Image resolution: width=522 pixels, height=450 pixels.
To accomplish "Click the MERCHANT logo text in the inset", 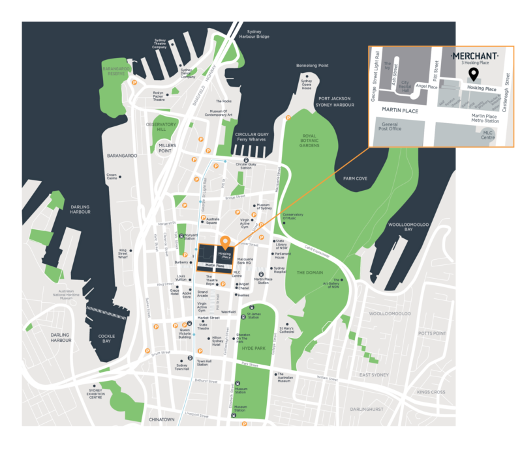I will point(475,56).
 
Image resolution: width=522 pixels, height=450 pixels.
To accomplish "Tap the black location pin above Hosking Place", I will point(474,74).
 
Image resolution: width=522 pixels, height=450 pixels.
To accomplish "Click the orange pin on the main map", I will point(225,240).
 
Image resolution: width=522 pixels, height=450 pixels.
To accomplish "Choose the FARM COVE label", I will point(347,178).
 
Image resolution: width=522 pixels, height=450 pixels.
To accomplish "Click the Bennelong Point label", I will point(313,66).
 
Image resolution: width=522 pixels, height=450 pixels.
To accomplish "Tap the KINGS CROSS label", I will point(431,392).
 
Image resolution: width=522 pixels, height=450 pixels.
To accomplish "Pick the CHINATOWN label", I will point(162,419).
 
